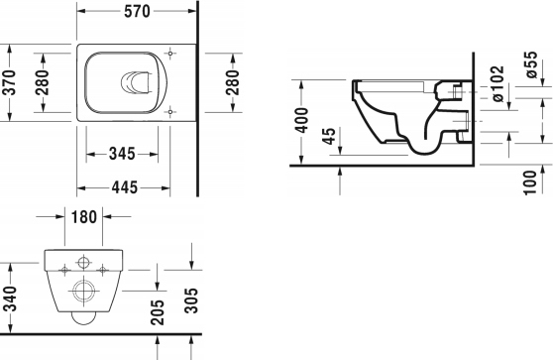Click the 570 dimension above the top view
(137, 13)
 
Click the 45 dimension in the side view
(330, 135)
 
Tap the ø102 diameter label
(500, 93)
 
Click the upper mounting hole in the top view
(171, 52)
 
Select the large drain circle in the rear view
(82, 290)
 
